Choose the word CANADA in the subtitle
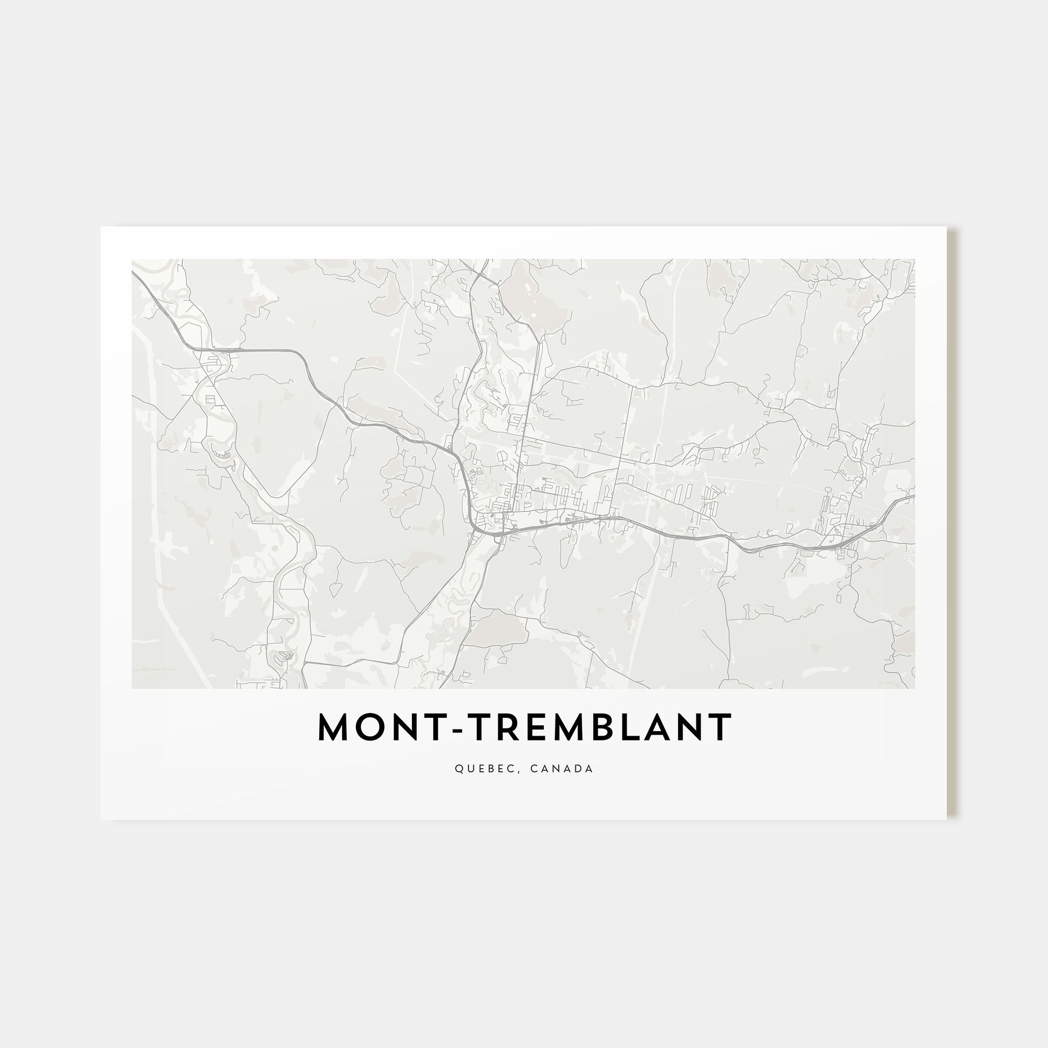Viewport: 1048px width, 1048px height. point(562,769)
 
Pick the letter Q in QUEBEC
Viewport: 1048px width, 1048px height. point(459,769)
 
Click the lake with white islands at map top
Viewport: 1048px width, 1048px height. point(534,304)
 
